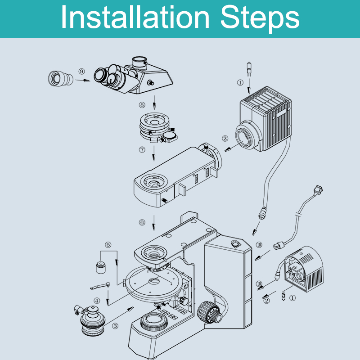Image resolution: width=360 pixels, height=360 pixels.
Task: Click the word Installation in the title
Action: point(135,18)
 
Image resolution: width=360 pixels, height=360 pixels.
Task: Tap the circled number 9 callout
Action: point(81,71)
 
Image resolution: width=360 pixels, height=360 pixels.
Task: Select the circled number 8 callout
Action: point(142,105)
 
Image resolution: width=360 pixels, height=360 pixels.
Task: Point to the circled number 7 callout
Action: point(142,150)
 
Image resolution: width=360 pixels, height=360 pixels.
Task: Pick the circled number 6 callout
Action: point(142,222)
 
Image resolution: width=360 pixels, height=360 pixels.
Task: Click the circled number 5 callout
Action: point(108,245)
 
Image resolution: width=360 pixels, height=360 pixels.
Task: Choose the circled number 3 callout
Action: point(115,326)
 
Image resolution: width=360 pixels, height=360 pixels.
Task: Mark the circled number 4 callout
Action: point(97,301)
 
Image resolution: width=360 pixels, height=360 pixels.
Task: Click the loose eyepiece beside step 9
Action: point(61,78)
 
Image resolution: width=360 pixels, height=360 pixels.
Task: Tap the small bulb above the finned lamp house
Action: point(249,69)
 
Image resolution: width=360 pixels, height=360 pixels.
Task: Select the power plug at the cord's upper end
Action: point(319,190)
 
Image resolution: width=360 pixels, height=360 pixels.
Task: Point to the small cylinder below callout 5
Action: point(100,267)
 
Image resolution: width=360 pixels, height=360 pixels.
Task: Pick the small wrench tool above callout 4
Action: point(100,286)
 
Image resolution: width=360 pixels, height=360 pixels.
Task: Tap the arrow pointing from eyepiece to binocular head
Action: point(83,81)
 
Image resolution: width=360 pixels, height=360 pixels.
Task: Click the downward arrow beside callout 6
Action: point(154,223)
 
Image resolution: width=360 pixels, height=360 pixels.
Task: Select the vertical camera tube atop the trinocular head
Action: point(139,63)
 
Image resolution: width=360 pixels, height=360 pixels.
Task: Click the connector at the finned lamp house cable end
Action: point(262,212)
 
